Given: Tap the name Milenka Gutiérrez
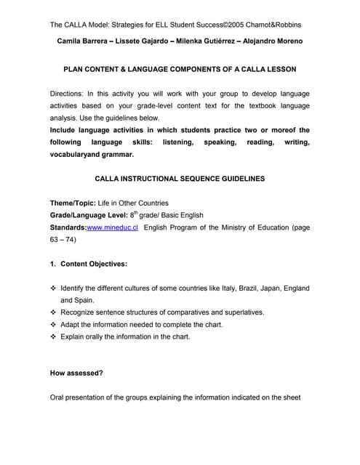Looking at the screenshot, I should click(x=200, y=41).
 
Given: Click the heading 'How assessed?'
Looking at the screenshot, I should click(x=76, y=373).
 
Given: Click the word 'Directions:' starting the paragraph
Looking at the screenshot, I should click(x=69, y=94).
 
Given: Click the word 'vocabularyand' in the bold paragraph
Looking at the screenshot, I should click(x=76, y=154).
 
